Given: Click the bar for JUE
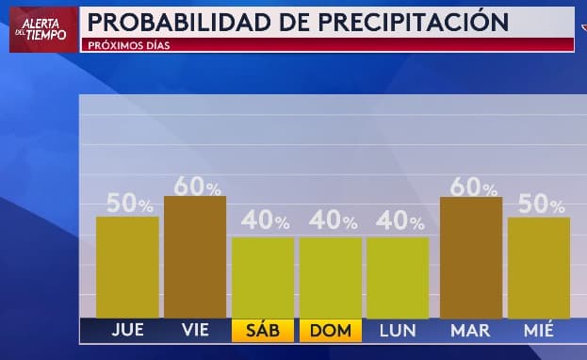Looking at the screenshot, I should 127,268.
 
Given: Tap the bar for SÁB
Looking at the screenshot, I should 263,278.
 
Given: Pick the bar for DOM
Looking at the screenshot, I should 330,278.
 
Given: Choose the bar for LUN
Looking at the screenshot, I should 398,278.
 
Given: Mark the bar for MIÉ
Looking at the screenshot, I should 539,268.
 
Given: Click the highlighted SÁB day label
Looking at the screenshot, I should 263,331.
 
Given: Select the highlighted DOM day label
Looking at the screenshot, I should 330,331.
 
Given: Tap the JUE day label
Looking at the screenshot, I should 127,331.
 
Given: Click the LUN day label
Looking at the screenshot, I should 398,331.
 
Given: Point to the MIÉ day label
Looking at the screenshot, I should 539,331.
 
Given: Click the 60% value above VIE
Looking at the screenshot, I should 197,186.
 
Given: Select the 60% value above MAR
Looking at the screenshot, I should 472,186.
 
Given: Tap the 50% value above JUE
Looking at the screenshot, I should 129,204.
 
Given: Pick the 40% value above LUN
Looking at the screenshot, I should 399,221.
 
